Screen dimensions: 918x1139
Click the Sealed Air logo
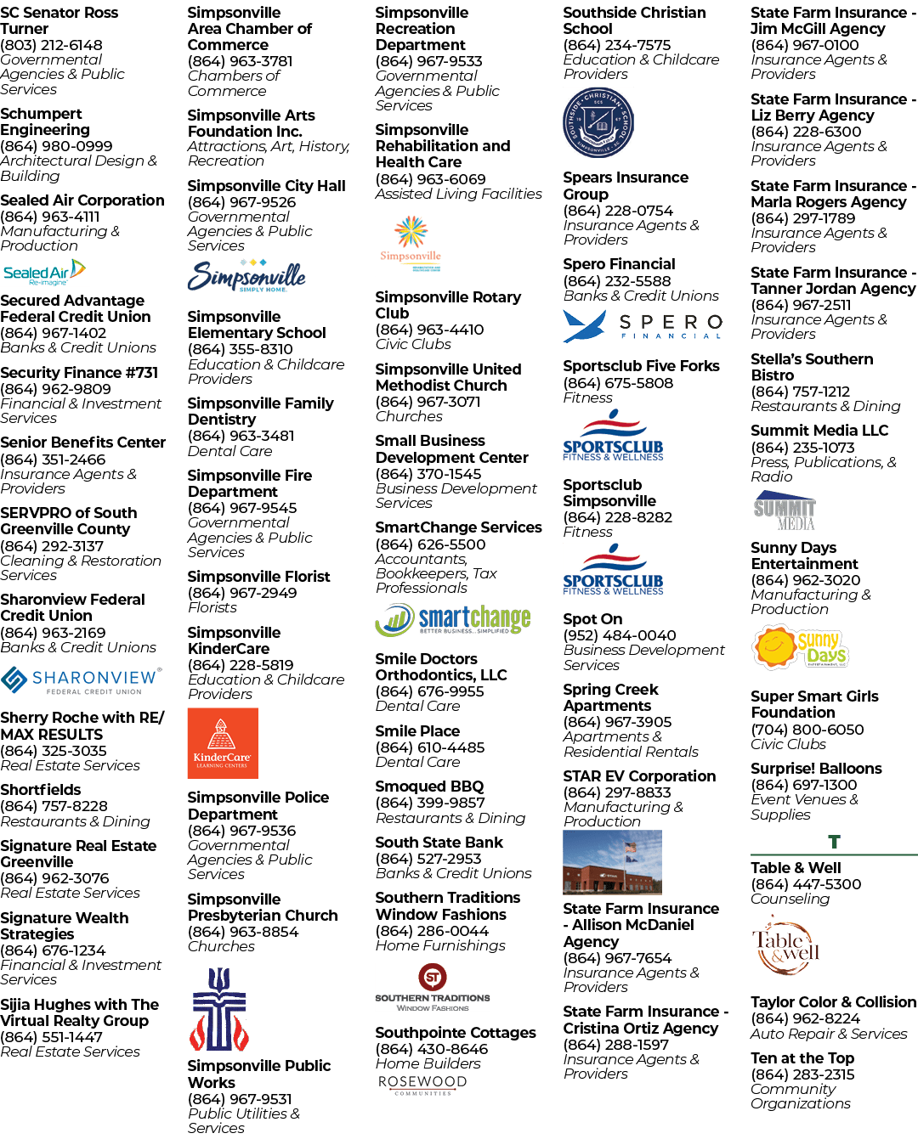(x=44, y=272)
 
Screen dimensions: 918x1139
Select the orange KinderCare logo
(x=223, y=743)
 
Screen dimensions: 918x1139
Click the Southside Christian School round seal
(x=598, y=122)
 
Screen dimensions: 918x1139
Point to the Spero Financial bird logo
(x=584, y=325)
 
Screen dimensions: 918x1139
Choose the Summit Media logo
(x=785, y=510)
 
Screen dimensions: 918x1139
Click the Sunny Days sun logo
(x=800, y=646)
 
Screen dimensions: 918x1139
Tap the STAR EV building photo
(x=612, y=862)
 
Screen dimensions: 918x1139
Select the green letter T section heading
(x=834, y=842)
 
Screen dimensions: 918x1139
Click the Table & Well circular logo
(x=785, y=947)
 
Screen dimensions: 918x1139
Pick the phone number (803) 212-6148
(x=51, y=45)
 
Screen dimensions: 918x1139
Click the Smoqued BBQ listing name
(x=429, y=786)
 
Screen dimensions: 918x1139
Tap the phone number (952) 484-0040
(x=620, y=635)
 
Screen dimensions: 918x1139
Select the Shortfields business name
(x=41, y=790)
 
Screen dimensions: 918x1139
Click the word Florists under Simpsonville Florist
(x=212, y=607)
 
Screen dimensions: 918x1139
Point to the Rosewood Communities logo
(x=422, y=1085)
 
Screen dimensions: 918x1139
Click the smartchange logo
(x=452, y=619)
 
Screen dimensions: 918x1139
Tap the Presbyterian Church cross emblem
(x=219, y=1009)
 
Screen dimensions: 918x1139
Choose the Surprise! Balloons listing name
(x=816, y=768)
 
